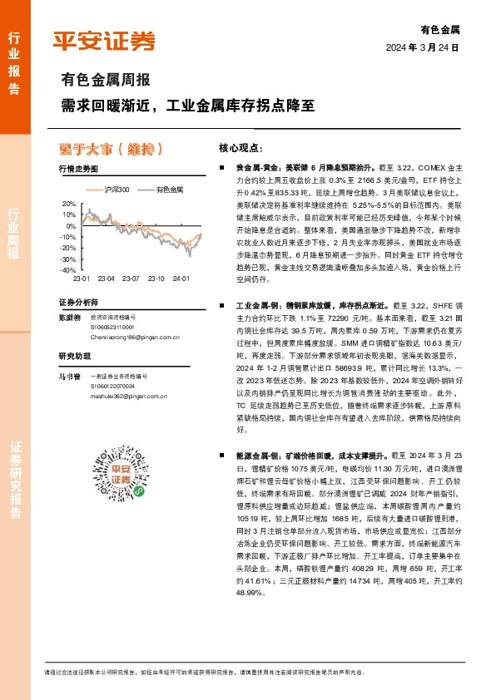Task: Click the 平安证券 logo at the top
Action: tap(104, 39)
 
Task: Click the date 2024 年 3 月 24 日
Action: tap(423, 47)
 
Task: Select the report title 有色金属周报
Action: tap(106, 81)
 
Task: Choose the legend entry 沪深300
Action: tap(117, 190)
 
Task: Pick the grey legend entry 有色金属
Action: tap(170, 190)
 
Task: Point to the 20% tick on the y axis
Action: tap(69, 203)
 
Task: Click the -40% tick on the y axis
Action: tap(67, 270)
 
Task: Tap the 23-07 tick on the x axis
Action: tap(129, 279)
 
